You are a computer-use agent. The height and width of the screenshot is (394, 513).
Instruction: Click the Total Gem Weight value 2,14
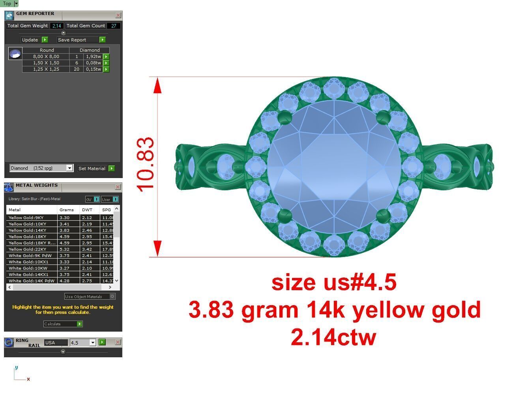[56, 26]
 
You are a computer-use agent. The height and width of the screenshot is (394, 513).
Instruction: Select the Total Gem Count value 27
[114, 26]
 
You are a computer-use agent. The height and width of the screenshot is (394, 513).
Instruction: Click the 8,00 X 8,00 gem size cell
[46, 56]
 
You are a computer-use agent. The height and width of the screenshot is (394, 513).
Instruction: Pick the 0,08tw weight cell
[93, 63]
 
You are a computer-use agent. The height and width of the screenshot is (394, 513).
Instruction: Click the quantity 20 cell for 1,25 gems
[76, 69]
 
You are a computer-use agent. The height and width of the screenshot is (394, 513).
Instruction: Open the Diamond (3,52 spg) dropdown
[69, 168]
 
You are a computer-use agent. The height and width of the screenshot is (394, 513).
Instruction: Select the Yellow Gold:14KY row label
[27, 230]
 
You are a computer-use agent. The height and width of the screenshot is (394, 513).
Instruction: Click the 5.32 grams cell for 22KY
[65, 249]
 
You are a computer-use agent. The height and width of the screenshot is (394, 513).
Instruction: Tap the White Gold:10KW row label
[27, 268]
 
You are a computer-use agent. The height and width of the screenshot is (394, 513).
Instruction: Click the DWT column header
[87, 210]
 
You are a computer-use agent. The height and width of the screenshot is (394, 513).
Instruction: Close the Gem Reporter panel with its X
[118, 15]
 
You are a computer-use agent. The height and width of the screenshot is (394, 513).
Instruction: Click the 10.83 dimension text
[146, 165]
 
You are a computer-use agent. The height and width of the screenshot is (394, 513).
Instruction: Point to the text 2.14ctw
[333, 338]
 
